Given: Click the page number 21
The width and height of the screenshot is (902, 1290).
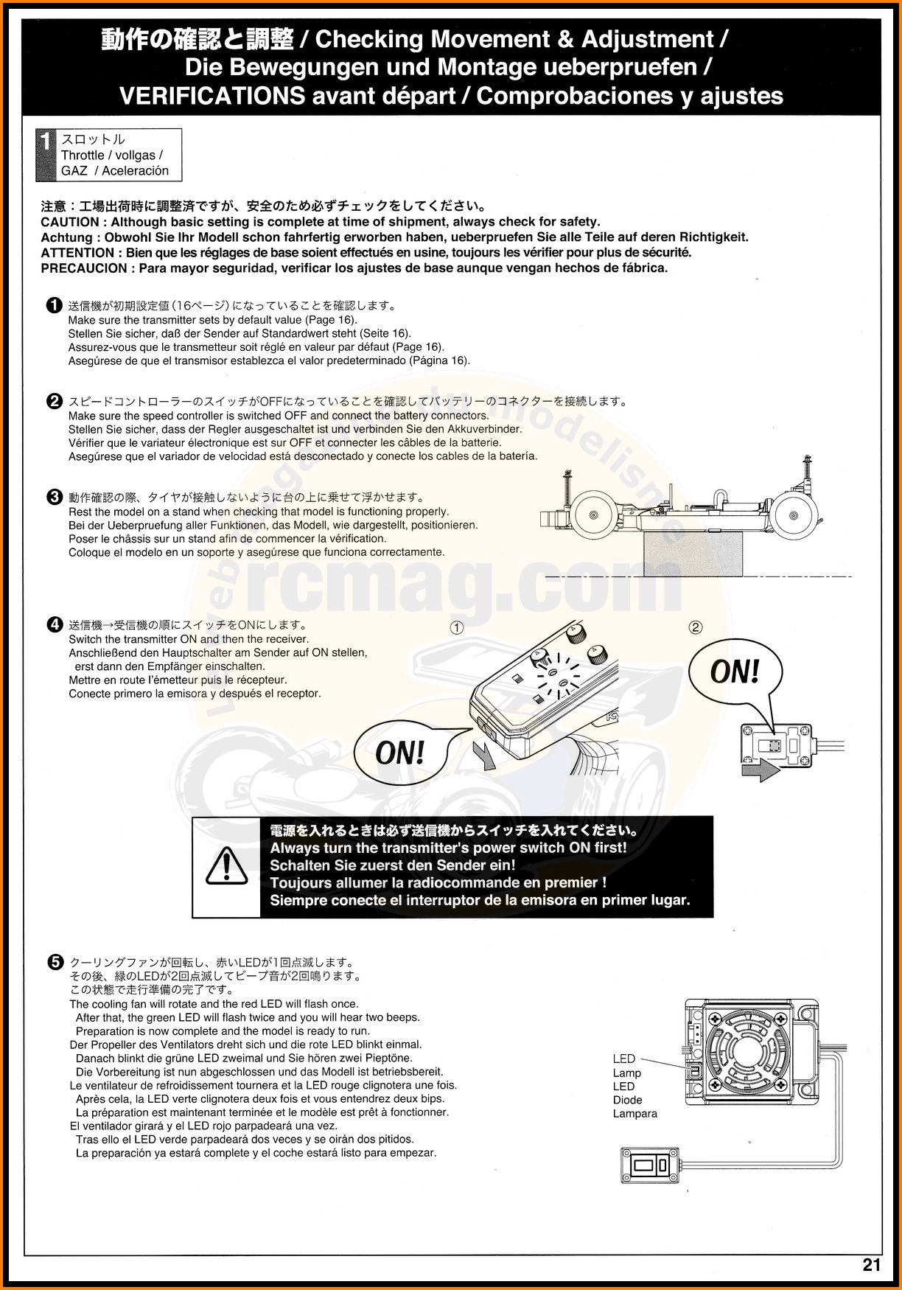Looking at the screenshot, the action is pyautogui.click(x=871, y=1265).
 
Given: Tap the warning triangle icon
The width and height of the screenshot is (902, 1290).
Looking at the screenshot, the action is pyautogui.click(x=226, y=866).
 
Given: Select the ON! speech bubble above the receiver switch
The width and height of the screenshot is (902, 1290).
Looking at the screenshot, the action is pyautogui.click(x=735, y=672).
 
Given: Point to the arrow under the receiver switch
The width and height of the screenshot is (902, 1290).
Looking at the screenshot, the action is pyautogui.click(x=761, y=771).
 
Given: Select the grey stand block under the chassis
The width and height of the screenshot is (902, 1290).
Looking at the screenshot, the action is pyautogui.click(x=693, y=554).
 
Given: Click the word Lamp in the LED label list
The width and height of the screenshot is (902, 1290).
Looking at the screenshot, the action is pyautogui.click(x=627, y=1073).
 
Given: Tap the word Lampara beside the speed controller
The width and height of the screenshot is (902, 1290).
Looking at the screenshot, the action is pyautogui.click(x=635, y=1114).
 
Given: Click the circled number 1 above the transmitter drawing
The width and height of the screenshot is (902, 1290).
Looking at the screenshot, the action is pyautogui.click(x=457, y=628).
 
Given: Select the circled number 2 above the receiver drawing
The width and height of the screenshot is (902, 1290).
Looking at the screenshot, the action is pyautogui.click(x=696, y=627).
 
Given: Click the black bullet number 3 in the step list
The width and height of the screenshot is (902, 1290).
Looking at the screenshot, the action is pyautogui.click(x=55, y=497).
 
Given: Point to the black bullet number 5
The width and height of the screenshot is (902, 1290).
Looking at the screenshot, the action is pyautogui.click(x=55, y=962).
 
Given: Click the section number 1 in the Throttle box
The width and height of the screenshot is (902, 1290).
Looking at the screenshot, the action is pyautogui.click(x=46, y=142).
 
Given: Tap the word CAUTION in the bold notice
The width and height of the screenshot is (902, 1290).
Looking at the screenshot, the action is pyautogui.click(x=70, y=222).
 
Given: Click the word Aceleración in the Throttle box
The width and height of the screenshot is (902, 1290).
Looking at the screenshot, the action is pyautogui.click(x=136, y=171).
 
